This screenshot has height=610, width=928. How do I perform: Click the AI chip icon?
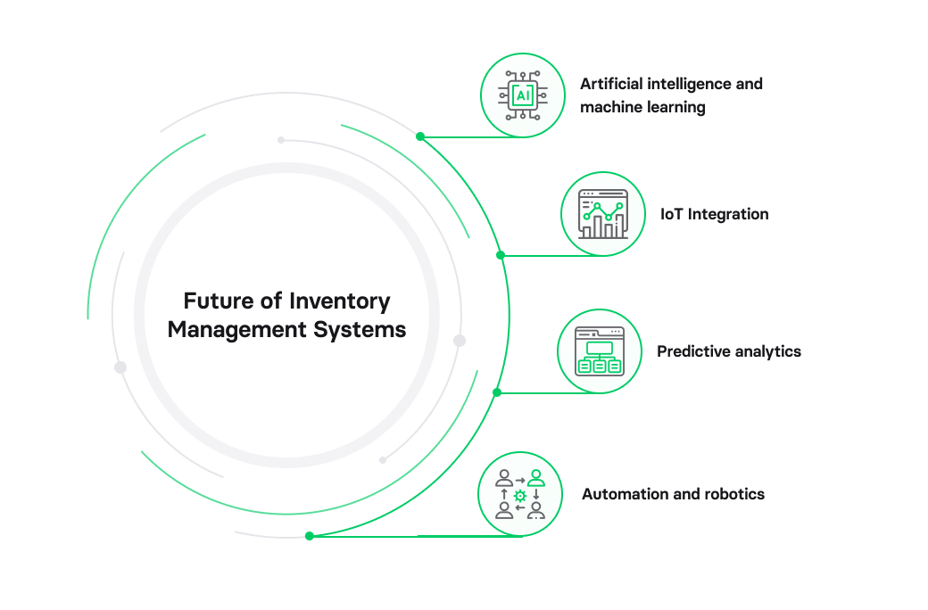[x=522, y=95]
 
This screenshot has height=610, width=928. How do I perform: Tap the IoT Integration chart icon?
[x=602, y=214]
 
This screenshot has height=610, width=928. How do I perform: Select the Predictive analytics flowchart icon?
[x=599, y=350]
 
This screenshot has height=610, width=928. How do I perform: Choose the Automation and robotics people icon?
[x=520, y=493]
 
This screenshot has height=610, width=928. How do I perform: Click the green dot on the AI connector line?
[x=420, y=136]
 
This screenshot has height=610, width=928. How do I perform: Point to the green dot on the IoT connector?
[x=501, y=255]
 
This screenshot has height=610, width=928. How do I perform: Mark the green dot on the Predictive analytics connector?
[x=497, y=392]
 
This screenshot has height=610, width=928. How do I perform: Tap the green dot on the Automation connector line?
[x=310, y=536]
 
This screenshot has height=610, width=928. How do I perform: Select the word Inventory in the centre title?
[x=340, y=301]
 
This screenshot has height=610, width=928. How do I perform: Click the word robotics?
[x=733, y=494]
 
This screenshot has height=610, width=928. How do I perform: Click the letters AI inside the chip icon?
[x=522, y=95]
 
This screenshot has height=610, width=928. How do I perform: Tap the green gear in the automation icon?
[x=520, y=495]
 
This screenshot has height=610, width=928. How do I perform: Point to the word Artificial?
[x=611, y=84]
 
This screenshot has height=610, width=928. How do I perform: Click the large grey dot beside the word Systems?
[x=460, y=341]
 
